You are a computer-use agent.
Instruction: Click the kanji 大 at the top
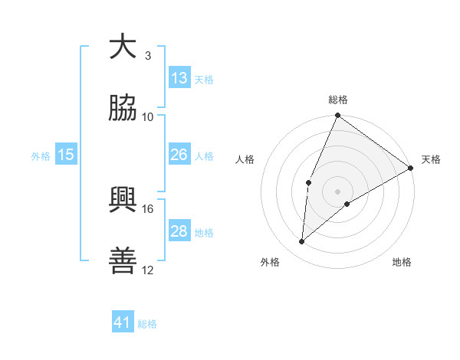(123, 47)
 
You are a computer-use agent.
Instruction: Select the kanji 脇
(123, 108)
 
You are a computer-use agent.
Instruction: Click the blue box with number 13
(179, 78)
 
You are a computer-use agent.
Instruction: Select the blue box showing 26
(179, 155)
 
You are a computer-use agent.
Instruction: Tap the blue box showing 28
(179, 231)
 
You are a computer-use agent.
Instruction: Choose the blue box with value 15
(66, 155)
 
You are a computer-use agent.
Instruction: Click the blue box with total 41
(123, 322)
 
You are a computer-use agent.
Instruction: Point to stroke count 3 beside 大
(148, 55)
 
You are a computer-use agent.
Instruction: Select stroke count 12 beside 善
(148, 270)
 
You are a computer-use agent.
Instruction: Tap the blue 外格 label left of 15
(41, 155)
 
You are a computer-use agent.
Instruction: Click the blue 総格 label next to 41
(147, 324)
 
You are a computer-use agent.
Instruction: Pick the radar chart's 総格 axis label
(337, 100)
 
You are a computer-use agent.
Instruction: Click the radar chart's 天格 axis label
(431, 159)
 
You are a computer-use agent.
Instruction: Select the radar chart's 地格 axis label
(402, 262)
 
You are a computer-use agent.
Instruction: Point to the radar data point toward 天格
(411, 168)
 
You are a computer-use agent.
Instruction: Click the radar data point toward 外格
(302, 242)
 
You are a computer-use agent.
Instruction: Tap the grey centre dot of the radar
(337, 191)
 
